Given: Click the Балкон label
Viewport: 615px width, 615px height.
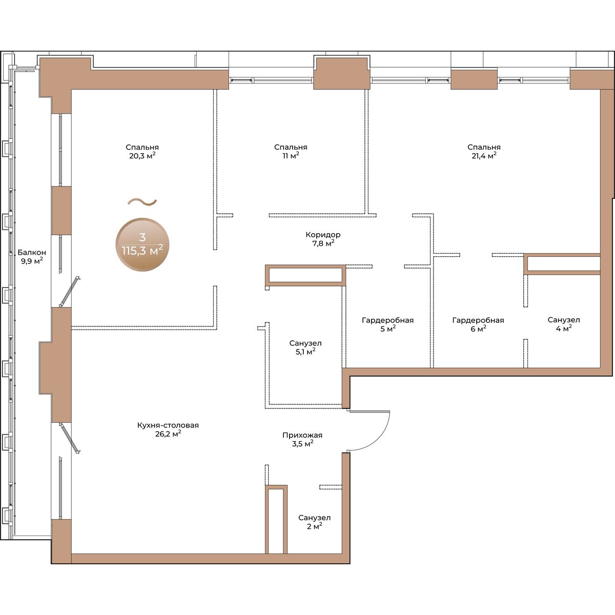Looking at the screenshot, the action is tap(32, 253).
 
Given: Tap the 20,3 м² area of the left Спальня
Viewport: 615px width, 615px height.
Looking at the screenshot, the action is tap(142, 156).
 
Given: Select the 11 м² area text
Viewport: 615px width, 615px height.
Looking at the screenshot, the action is tap(291, 156).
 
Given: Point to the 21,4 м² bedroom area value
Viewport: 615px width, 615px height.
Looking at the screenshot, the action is tap(484, 156).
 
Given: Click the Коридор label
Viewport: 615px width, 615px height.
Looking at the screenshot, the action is tap(323, 235).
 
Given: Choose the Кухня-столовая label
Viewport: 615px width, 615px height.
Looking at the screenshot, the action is tap(168, 425).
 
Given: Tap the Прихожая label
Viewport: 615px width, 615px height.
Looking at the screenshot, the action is tap(302, 435).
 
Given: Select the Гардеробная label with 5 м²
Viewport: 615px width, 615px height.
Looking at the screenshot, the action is tap(387, 320).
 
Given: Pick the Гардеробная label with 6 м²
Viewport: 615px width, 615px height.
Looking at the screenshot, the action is tap(478, 320).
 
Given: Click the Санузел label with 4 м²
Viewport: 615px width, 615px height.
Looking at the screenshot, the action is tap(564, 320).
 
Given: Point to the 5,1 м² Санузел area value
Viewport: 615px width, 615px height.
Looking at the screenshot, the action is tap(305, 352).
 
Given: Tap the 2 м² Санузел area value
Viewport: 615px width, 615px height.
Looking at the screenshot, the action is tap(314, 526).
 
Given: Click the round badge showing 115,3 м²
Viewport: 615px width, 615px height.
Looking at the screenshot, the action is tap(142, 245).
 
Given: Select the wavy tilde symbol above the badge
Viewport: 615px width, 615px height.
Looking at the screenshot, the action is tap(142, 202).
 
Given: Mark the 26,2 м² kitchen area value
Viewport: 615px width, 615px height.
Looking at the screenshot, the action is tap(168, 434).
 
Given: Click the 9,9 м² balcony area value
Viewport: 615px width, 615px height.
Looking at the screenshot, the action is tap(32, 261).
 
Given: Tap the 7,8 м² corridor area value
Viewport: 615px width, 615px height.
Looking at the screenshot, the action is tap(323, 243).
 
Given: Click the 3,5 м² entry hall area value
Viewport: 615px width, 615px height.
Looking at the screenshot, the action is tap(302, 444).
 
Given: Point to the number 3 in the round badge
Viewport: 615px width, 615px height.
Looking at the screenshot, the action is tap(142, 237).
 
